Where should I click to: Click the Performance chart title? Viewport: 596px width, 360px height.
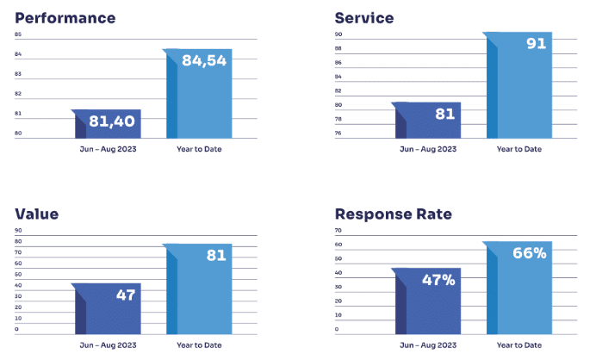click(x=65, y=18)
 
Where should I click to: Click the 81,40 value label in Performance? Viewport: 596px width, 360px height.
click(x=111, y=121)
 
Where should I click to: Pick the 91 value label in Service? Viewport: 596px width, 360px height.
click(x=536, y=43)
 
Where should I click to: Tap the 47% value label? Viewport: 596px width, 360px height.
click(x=438, y=280)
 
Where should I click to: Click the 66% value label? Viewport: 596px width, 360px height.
click(x=529, y=253)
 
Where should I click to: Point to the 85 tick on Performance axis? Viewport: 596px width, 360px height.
click(x=18, y=34)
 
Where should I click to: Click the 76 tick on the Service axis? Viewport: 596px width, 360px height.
click(x=338, y=133)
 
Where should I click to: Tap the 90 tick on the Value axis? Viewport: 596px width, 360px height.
click(x=18, y=231)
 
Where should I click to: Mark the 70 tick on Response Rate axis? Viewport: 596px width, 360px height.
click(x=338, y=231)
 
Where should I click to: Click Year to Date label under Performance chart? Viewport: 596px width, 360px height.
click(x=199, y=149)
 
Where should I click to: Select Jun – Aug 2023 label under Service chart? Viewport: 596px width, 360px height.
click(x=428, y=149)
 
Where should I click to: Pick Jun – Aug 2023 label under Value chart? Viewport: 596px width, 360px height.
click(x=108, y=344)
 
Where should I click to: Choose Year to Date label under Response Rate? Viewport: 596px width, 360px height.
click(x=519, y=344)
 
